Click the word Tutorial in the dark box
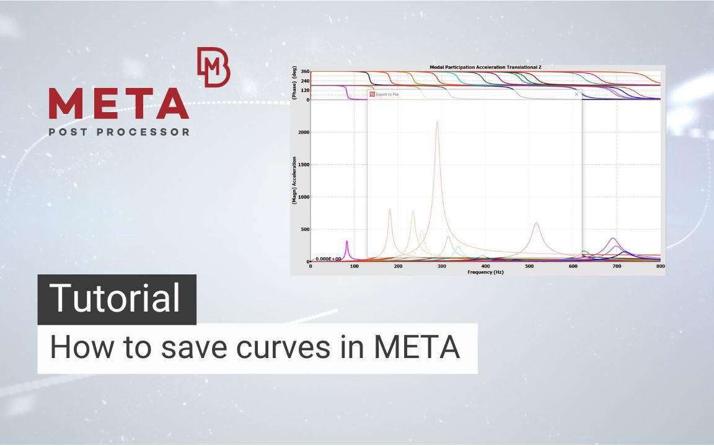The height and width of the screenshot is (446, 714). point(116,299)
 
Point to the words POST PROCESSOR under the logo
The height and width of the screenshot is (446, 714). point(119,132)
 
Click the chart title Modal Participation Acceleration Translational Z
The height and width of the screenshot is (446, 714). point(486,67)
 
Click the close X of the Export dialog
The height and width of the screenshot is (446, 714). point(576,94)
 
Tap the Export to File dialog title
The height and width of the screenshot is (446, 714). point(387,94)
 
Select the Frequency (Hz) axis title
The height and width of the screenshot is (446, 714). point(486,272)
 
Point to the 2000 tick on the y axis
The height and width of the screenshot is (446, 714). point(302,132)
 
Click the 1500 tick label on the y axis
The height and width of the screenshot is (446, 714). point(302,165)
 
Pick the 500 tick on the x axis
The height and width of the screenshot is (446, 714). point(529,266)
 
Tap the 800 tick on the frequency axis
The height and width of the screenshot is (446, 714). point(660,266)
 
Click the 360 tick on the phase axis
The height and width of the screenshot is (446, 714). point(305,72)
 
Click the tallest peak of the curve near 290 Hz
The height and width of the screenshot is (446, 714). point(437,121)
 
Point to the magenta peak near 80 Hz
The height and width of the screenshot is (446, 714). point(347,241)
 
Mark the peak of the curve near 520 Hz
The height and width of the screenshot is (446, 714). point(536,223)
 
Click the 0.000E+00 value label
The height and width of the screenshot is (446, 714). point(328,259)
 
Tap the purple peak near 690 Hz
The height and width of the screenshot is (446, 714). point(613,238)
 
